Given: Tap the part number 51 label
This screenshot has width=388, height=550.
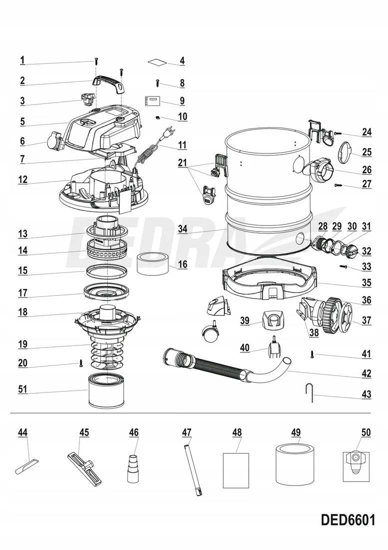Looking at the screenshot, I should click(23, 388).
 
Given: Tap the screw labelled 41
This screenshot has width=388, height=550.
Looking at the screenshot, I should click(312, 354).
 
